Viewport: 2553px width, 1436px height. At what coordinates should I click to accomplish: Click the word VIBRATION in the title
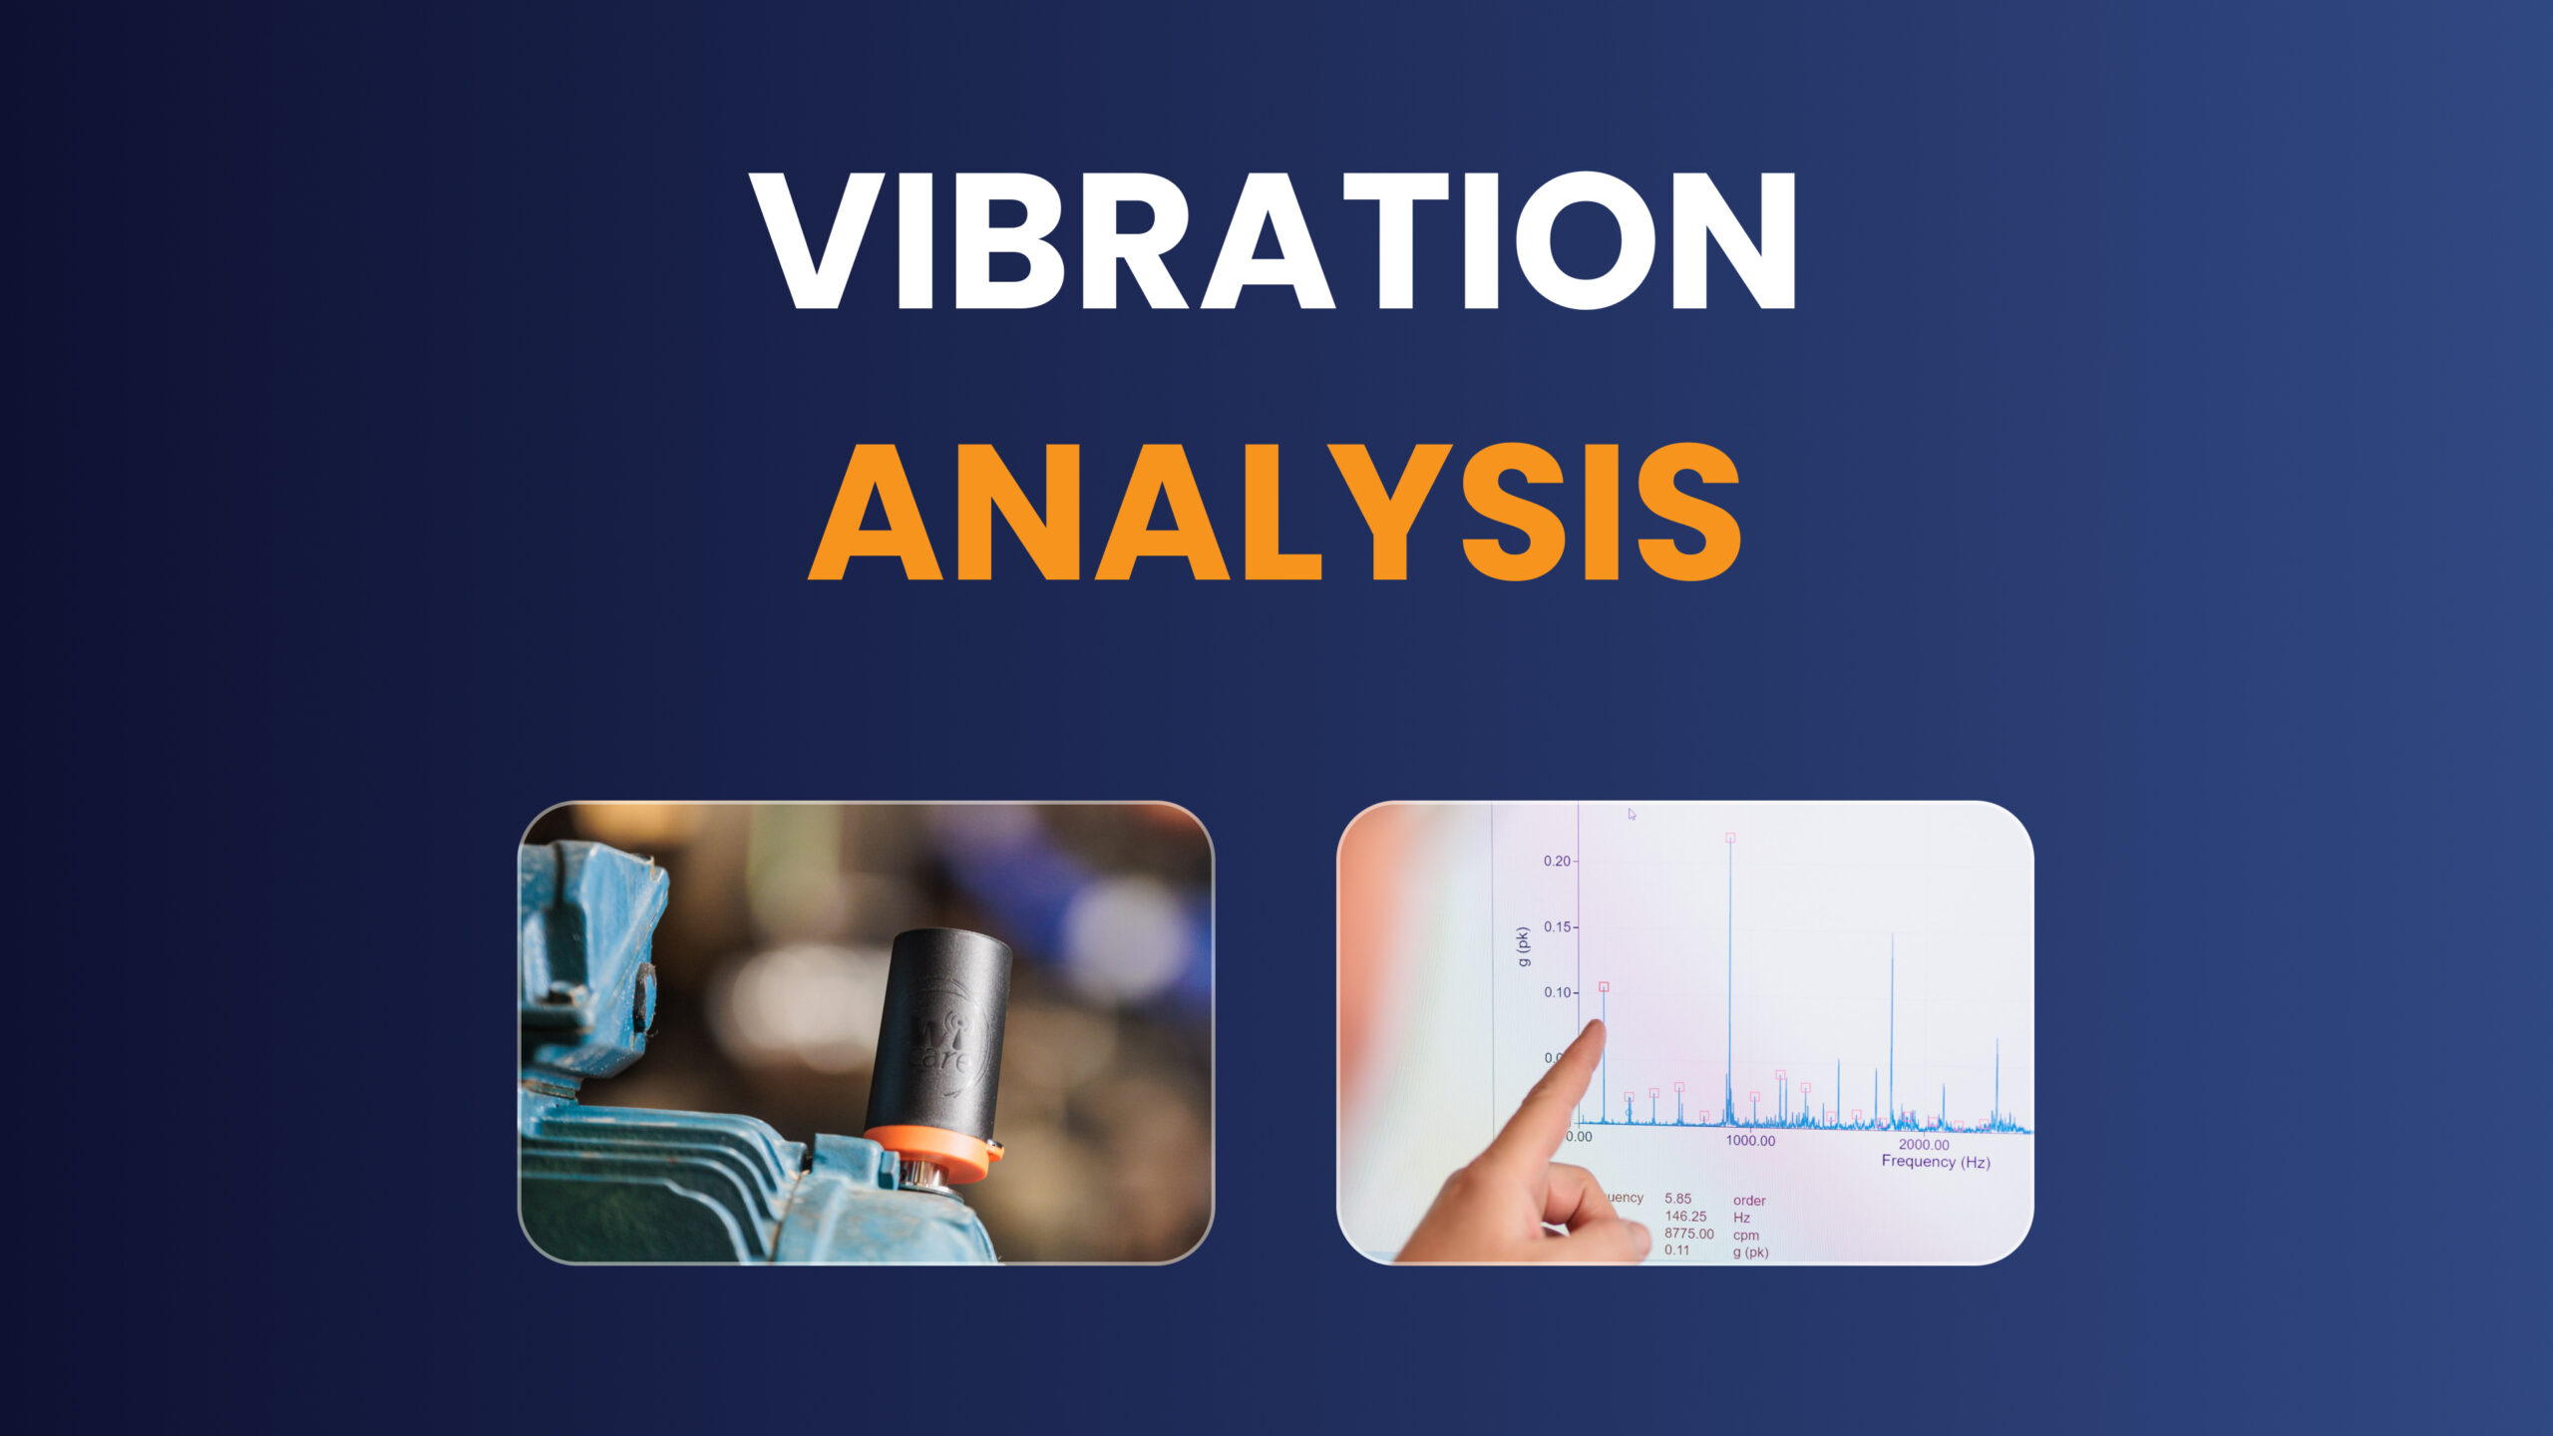click(1274, 241)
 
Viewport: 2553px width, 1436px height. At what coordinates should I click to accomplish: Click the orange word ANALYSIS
click(1274, 513)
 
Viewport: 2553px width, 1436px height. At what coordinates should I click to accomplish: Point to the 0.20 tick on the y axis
click(1557, 861)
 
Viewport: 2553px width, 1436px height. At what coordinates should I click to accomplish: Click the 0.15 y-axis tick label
click(1557, 926)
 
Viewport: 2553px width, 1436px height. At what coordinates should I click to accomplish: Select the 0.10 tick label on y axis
click(1557, 992)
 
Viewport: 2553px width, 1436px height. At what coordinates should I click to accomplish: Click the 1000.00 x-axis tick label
click(1750, 1141)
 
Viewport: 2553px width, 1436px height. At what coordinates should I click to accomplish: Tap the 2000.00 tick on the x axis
click(1924, 1145)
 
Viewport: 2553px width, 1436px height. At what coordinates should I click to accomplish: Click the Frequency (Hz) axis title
click(1935, 1162)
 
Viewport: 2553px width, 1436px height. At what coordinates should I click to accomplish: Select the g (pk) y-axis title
click(1523, 946)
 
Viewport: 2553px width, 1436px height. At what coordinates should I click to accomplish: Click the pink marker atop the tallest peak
click(1730, 838)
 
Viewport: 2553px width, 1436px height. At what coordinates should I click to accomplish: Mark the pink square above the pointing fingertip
click(1604, 986)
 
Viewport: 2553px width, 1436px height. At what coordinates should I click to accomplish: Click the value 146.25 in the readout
click(1685, 1217)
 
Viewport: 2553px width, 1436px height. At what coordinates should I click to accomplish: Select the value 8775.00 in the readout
click(1688, 1234)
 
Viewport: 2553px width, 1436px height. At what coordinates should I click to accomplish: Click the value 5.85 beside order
click(1677, 1199)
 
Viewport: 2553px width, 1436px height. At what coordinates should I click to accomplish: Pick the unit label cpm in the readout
click(1746, 1235)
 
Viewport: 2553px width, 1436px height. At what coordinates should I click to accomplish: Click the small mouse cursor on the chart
click(1632, 814)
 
